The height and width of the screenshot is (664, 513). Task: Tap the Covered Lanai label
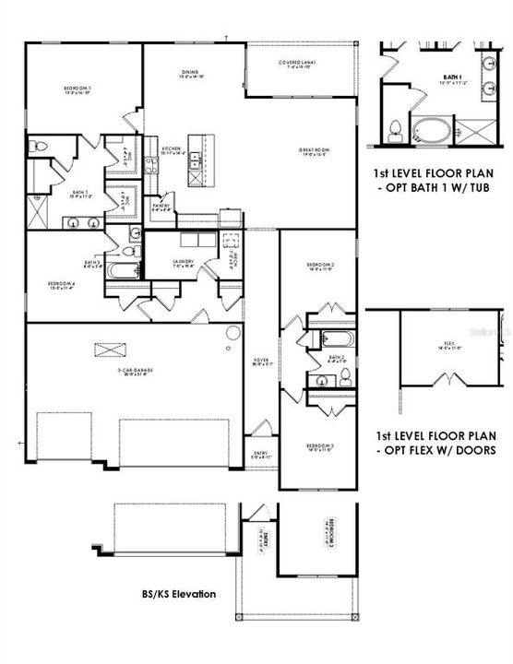tap(297, 65)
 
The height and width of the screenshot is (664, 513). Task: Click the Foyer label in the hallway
tap(261, 362)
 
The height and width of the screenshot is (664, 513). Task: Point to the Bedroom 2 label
tap(319, 267)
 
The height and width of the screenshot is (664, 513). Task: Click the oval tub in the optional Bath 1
tap(430, 129)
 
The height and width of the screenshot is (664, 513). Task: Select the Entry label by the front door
tap(261, 455)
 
